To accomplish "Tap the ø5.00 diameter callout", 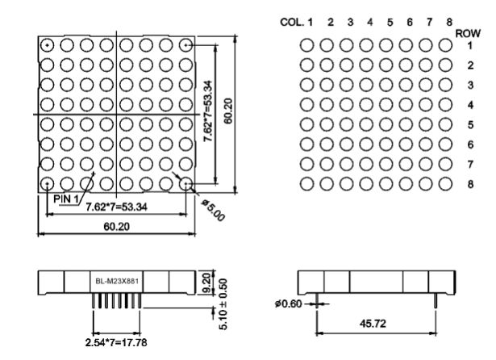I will (211, 210).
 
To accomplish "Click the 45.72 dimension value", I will (376, 324).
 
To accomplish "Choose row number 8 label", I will (469, 184).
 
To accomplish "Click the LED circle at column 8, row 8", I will (445, 184).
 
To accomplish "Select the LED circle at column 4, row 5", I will (367, 124).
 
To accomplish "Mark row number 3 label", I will (469, 85).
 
